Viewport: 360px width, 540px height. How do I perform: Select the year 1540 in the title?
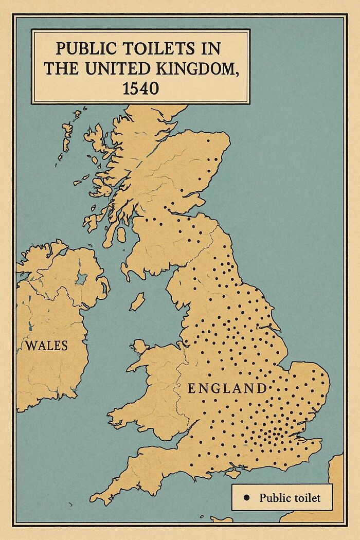[141, 88]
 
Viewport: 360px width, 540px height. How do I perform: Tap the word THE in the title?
[61, 68]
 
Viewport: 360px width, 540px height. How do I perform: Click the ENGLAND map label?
[227, 388]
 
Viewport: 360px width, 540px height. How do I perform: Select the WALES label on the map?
[46, 345]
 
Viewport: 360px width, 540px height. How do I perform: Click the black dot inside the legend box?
[246, 497]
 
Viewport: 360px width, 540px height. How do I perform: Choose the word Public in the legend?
[276, 497]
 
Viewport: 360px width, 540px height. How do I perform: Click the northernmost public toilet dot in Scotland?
[208, 140]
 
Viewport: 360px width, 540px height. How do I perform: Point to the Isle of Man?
[136, 302]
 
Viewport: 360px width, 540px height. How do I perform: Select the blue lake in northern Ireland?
[81, 279]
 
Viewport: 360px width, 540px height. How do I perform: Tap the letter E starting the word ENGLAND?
[191, 389]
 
